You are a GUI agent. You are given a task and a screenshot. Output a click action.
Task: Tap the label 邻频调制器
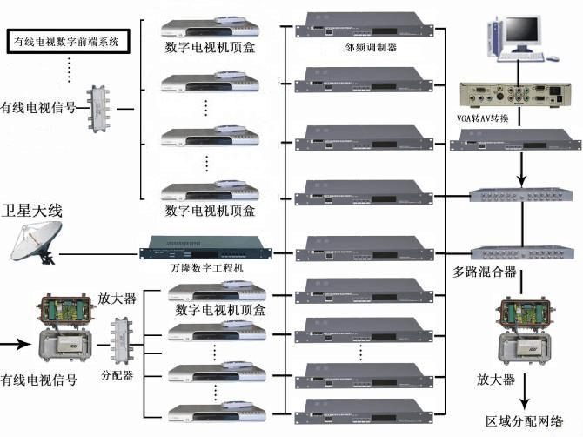click(x=372, y=49)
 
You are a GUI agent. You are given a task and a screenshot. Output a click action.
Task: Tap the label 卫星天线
click(x=35, y=212)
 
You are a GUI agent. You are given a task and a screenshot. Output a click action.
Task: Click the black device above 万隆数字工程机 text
click(x=205, y=248)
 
